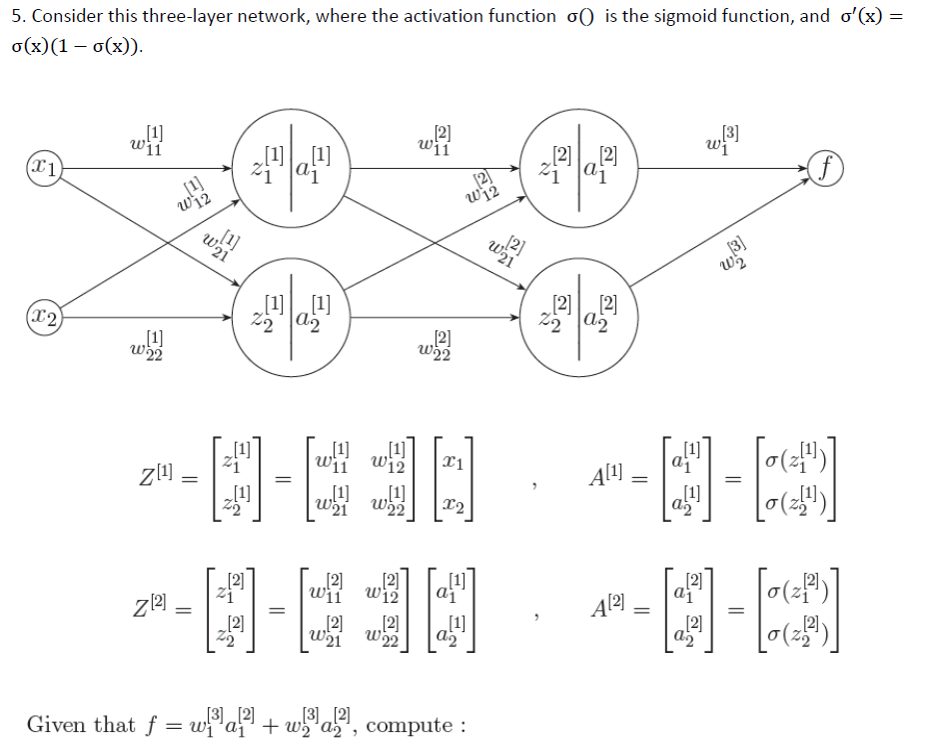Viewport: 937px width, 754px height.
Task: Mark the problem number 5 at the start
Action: pyautogui.click(x=14, y=16)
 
